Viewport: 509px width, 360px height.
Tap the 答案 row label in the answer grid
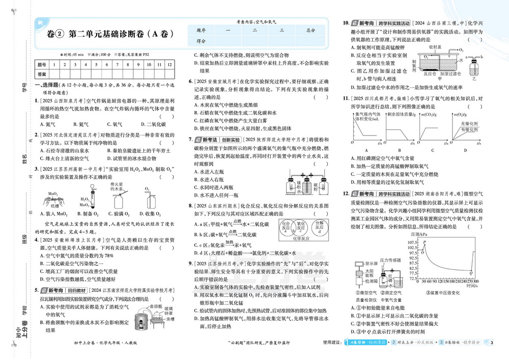(42, 73)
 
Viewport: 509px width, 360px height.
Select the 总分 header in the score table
(311, 31)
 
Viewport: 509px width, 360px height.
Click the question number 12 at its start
(346, 195)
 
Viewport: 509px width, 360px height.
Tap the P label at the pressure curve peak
(423, 242)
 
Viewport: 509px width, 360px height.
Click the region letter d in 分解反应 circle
(319, 232)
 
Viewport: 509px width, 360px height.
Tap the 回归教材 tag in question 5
(78, 290)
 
